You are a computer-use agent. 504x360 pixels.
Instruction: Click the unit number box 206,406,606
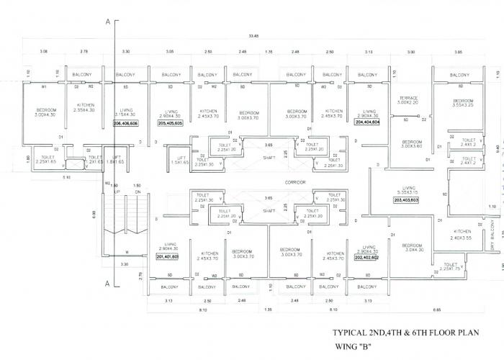(125, 123)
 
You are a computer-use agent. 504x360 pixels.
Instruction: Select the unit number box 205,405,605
(170, 123)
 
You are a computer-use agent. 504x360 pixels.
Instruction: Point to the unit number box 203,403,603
(407, 200)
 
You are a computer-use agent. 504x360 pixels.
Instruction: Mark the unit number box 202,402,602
(366, 276)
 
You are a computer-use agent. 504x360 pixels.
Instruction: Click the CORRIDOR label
(296, 182)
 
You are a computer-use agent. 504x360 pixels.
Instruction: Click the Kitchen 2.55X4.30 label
(86, 107)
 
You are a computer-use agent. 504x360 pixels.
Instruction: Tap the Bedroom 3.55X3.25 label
(463, 102)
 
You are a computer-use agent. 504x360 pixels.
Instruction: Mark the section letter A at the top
(107, 23)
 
